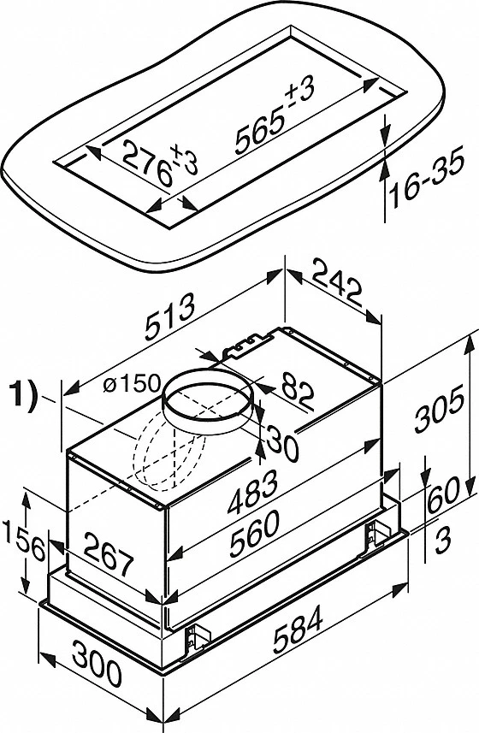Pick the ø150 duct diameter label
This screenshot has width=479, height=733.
[132, 384]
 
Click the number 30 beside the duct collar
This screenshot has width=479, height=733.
[283, 441]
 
